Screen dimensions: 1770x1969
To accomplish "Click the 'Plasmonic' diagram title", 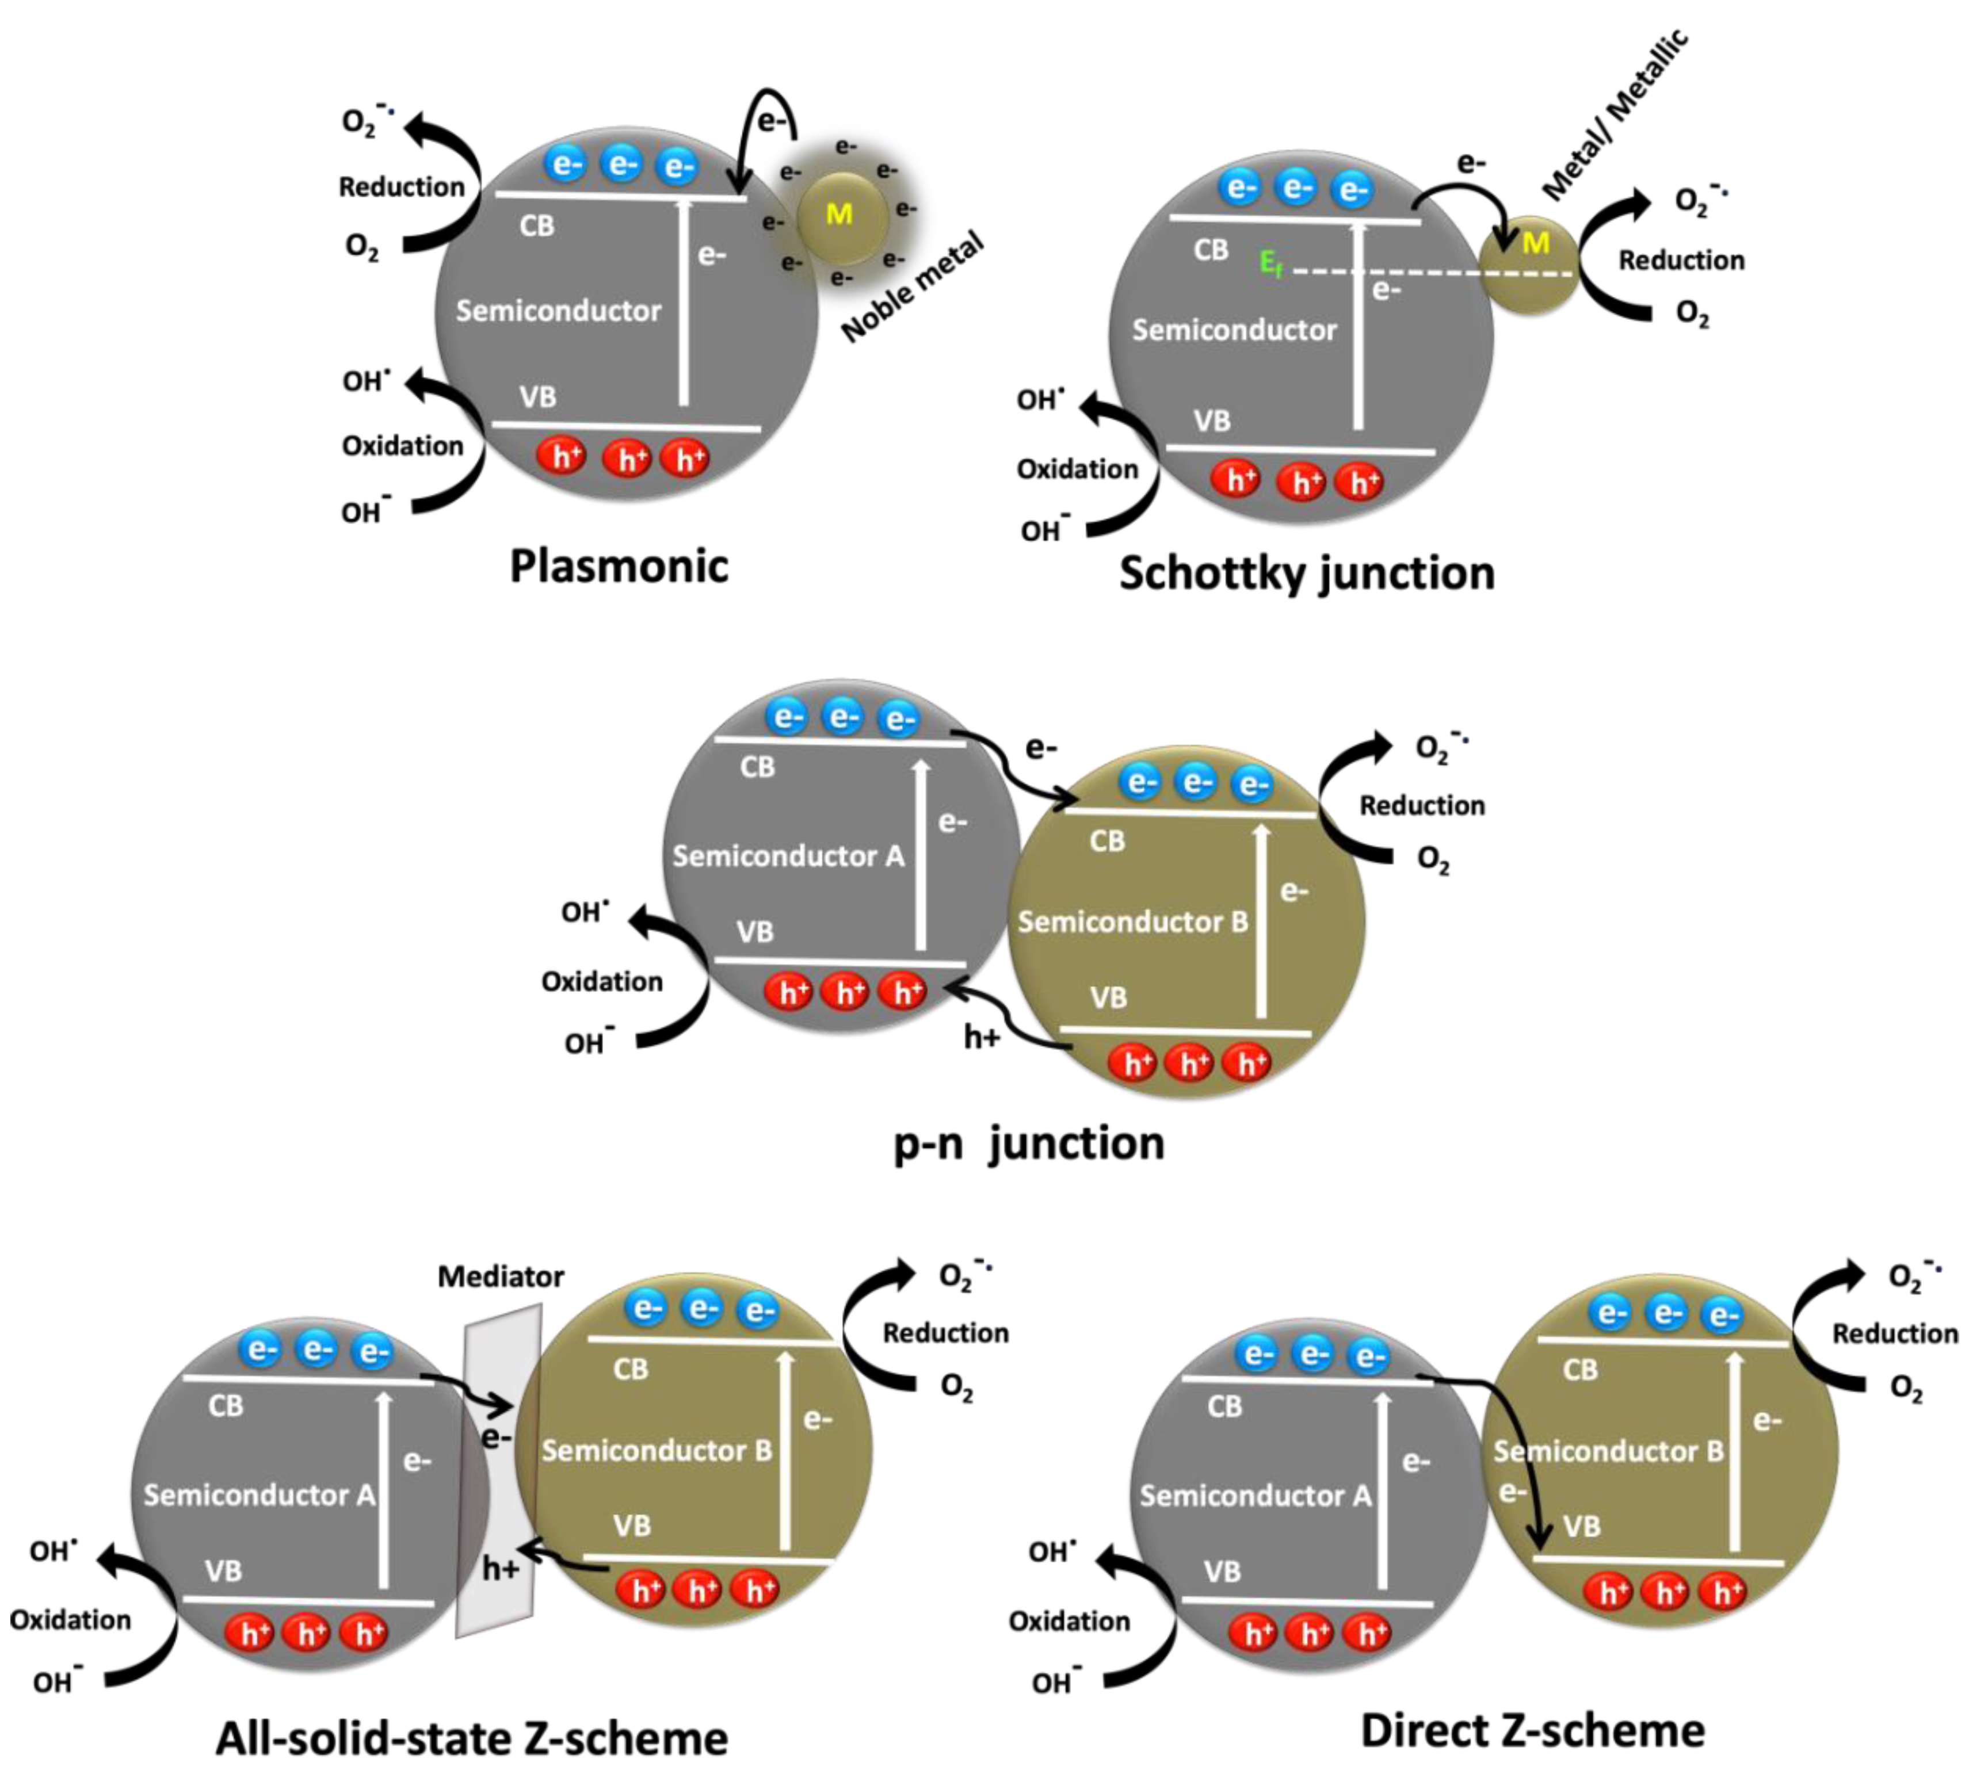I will pos(619,566).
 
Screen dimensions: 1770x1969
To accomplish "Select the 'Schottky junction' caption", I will pos(1307,573).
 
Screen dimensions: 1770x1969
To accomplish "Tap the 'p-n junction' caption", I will pos(1028,1143).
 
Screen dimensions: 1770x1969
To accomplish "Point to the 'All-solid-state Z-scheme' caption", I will pos(472,1738).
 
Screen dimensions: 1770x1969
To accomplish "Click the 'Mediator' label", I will pos(500,1276).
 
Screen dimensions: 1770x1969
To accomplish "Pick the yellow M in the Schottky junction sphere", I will pos(1535,243).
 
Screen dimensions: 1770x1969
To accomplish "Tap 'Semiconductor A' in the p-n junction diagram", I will pos(788,856).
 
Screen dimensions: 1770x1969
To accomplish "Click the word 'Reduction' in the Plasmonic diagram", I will pos(402,187).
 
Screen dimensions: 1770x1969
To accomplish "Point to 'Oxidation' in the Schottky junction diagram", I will pos(1077,469).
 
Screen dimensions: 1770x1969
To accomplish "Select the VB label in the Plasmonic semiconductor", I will pos(537,397).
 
